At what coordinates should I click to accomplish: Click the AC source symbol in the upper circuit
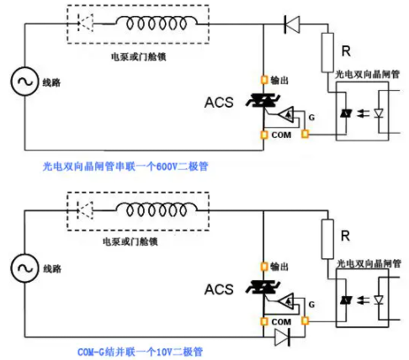[24, 82]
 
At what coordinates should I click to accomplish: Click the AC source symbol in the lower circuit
[24, 268]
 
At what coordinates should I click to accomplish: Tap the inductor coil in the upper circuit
[157, 23]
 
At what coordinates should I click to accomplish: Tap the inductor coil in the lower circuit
[157, 209]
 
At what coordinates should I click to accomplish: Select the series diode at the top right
[292, 24]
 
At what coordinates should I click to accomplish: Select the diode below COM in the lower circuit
[283, 337]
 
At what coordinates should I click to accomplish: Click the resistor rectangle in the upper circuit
[327, 52]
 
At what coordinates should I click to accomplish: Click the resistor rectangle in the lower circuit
[327, 239]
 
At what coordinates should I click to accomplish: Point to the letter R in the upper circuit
[346, 51]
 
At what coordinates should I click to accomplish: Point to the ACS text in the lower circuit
[219, 289]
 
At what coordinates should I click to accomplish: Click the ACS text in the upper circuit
[219, 103]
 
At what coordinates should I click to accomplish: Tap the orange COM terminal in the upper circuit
[264, 135]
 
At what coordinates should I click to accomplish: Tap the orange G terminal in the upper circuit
[305, 134]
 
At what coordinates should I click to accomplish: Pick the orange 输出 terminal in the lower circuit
[264, 267]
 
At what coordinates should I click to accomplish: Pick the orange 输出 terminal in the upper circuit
[264, 80]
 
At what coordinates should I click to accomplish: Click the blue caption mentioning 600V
[125, 167]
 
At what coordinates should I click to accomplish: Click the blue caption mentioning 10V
[140, 352]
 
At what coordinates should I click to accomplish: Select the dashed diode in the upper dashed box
[85, 23]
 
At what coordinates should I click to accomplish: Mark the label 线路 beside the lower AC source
[52, 269]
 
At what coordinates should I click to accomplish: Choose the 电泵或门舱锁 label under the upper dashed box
[139, 57]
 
